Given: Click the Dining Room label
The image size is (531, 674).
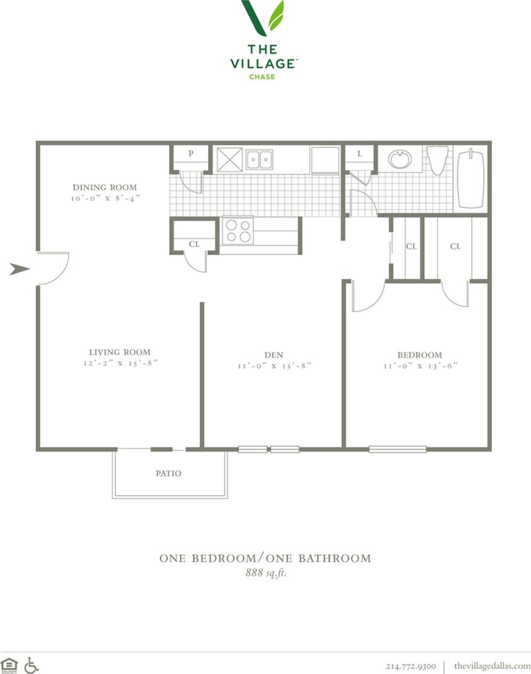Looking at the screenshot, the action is (x=105, y=187).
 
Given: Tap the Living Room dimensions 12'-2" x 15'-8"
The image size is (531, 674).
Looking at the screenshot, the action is (x=121, y=363).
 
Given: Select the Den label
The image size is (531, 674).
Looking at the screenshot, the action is (x=274, y=355).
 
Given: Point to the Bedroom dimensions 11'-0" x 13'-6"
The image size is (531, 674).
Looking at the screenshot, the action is (x=420, y=366).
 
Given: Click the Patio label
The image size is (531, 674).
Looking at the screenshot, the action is (x=169, y=473).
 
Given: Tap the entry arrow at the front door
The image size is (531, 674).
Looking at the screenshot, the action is (x=19, y=269).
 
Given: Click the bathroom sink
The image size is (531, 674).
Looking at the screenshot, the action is (x=400, y=159).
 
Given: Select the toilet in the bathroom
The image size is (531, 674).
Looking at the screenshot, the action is (x=437, y=160).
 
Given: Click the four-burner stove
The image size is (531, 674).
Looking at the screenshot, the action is (x=237, y=232).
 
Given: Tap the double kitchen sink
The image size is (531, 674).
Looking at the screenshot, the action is (x=260, y=160).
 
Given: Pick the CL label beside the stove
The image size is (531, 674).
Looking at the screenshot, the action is (x=194, y=244).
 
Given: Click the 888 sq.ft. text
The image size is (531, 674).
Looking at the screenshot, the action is (x=266, y=572).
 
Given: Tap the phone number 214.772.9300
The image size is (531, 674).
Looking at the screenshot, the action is (x=411, y=666).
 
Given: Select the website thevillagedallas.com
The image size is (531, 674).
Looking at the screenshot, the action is (x=492, y=666).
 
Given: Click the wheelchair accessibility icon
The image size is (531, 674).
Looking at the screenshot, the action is (x=31, y=666).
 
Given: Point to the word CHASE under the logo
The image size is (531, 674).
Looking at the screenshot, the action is (x=262, y=77).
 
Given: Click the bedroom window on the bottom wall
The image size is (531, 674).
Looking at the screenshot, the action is (x=397, y=450).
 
